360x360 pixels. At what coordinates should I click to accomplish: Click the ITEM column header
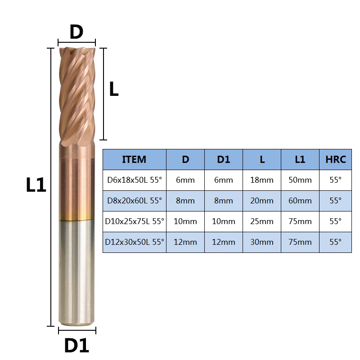tap(134, 159)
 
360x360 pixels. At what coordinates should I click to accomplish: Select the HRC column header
tap(335, 159)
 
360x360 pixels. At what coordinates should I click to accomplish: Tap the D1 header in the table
tap(223, 159)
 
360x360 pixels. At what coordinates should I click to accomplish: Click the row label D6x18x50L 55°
tap(135, 180)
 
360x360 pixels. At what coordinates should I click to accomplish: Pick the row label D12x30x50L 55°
tap(135, 242)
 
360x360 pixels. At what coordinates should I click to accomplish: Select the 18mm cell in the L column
tap(262, 180)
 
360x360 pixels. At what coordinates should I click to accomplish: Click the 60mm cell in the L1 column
tap(300, 201)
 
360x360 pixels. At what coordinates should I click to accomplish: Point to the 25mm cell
tap(262, 221)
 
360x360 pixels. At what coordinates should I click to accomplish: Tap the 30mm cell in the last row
tap(262, 242)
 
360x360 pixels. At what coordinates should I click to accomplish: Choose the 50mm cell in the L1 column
tap(300, 180)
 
